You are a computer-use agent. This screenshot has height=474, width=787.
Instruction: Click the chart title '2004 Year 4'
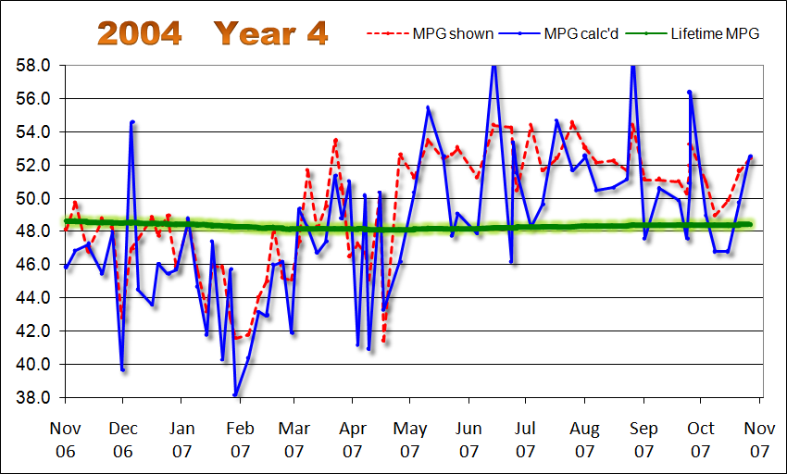[x=212, y=32]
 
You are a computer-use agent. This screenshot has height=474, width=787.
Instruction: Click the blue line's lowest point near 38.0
[x=235, y=395]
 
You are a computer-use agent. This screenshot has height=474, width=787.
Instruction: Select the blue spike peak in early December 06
[x=132, y=121]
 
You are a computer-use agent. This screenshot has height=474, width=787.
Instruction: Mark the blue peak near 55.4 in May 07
[x=428, y=108]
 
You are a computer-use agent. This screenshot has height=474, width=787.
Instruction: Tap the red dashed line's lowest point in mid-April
[x=383, y=341]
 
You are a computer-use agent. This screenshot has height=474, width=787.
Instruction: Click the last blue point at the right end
[x=750, y=156]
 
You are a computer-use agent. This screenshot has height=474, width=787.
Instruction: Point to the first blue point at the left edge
[x=67, y=267]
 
